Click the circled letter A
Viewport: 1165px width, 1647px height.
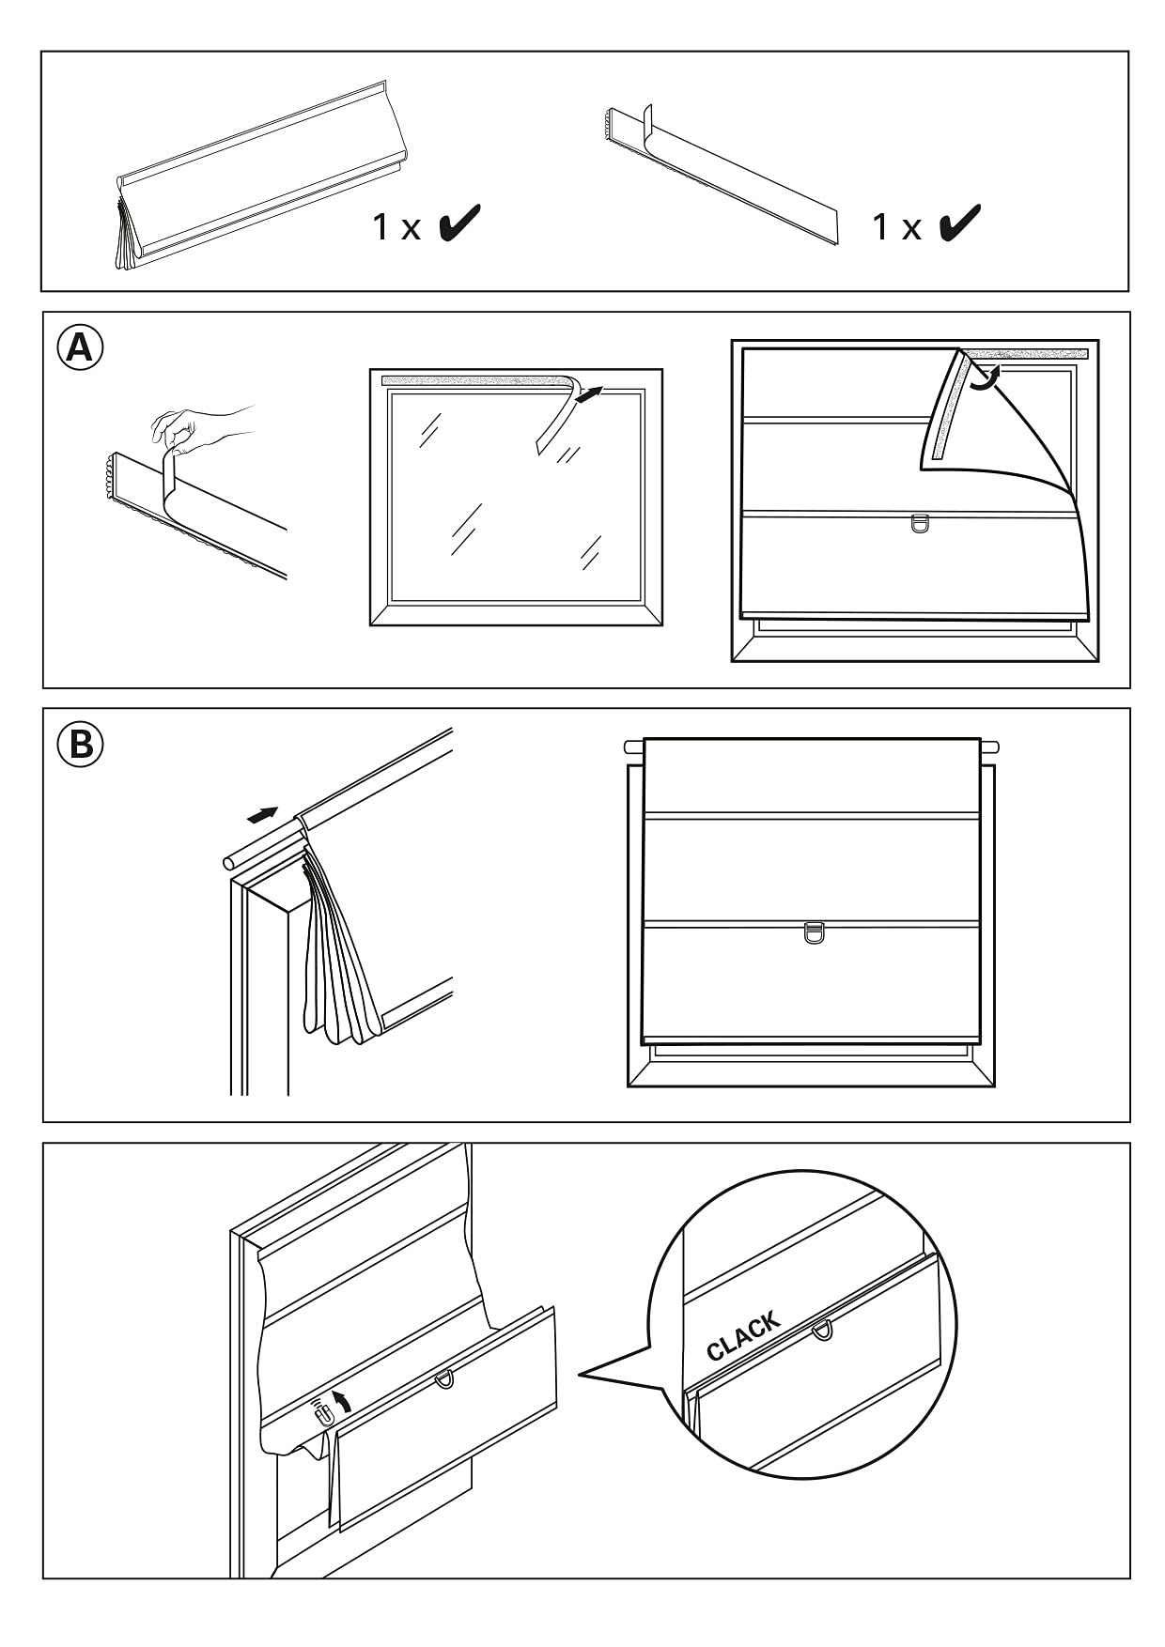[80, 348]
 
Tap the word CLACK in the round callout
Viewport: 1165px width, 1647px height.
[743, 1337]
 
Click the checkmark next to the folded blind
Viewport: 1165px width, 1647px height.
[460, 223]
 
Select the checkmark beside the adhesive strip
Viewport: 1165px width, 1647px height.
[960, 223]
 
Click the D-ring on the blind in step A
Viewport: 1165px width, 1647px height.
[919, 523]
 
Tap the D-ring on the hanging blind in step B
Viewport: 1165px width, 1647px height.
[814, 933]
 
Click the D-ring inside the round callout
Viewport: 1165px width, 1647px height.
[822, 1329]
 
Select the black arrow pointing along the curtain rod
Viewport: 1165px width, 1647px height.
[263, 813]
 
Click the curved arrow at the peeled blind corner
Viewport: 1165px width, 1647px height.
[983, 377]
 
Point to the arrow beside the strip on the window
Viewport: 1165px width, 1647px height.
[587, 395]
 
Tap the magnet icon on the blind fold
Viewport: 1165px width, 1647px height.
[322, 1412]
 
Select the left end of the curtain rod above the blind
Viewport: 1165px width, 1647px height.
[632, 747]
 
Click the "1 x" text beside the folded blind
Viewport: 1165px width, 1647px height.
[396, 227]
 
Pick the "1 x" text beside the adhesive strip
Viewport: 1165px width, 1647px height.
[896, 227]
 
